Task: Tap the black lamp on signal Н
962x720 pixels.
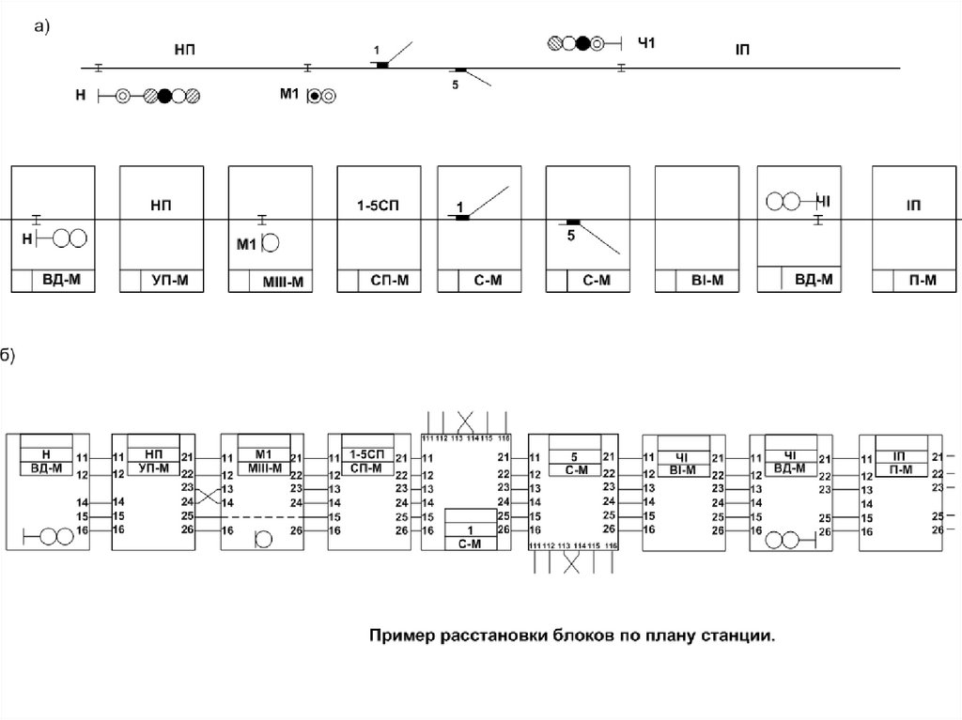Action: coord(165,95)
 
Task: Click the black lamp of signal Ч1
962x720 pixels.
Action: coord(583,42)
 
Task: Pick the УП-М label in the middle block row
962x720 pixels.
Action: coord(170,280)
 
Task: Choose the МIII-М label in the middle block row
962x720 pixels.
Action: coord(279,280)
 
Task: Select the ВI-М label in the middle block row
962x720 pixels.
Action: coord(706,280)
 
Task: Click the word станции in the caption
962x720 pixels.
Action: coord(737,636)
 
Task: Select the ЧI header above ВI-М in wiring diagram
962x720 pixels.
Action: coord(682,454)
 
